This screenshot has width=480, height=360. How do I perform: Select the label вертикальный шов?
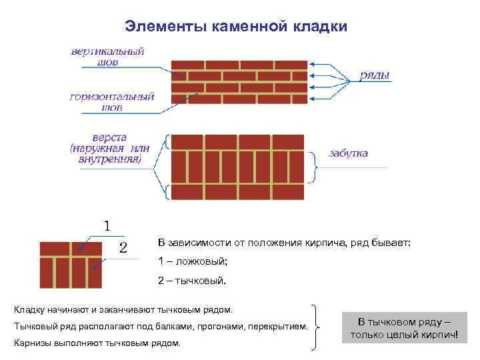pyautogui.click(x=108, y=56)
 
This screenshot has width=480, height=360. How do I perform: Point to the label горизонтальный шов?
pyautogui.click(x=112, y=101)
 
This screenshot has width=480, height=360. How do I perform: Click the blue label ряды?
pyautogui.click(x=375, y=75)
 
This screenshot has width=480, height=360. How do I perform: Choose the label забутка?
pyautogui.click(x=347, y=153)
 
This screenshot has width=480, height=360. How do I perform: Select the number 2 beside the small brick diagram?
pyautogui.click(x=123, y=248)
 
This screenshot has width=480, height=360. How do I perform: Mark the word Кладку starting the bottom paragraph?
pyautogui.click(x=29, y=310)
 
